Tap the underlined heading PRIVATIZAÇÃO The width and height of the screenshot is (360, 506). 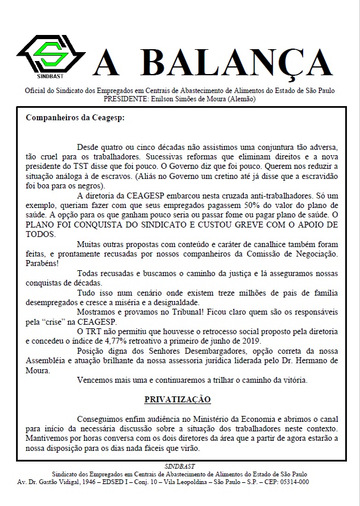(178, 399)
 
